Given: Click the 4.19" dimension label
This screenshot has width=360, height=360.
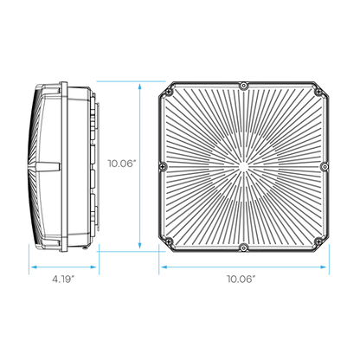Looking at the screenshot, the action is [63, 279].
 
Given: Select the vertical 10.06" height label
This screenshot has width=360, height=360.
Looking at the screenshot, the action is [121, 164].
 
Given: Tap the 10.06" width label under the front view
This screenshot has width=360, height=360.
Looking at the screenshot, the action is [241, 279].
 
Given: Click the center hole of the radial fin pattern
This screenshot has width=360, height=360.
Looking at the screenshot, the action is [243, 167].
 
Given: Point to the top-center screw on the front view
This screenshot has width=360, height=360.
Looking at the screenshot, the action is [244, 86].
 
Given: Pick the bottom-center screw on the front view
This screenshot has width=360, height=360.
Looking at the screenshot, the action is [244, 247].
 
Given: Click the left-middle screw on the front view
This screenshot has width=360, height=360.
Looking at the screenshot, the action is [164, 166].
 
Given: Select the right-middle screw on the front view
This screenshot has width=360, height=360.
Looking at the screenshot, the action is [325, 166].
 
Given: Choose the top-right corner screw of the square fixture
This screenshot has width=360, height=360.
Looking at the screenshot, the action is [318, 92].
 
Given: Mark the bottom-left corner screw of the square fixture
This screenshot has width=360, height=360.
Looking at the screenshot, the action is [169, 241].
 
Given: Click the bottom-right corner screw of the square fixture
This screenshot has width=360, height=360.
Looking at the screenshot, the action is [318, 241].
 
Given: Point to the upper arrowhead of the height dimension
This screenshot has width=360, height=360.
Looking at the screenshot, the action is [139, 87].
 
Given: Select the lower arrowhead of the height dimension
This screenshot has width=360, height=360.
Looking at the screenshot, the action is [139, 245].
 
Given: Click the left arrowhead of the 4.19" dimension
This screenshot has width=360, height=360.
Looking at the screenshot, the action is [34, 267].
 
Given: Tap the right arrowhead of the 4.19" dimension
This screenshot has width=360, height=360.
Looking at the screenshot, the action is [93, 267].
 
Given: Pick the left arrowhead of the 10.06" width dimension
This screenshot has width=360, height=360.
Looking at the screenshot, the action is [164, 267].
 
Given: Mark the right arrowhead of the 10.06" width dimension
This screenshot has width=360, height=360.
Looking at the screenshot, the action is [324, 267].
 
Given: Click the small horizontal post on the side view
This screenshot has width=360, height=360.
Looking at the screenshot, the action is [48, 167].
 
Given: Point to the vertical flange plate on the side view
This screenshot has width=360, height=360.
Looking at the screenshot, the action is [64, 167].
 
